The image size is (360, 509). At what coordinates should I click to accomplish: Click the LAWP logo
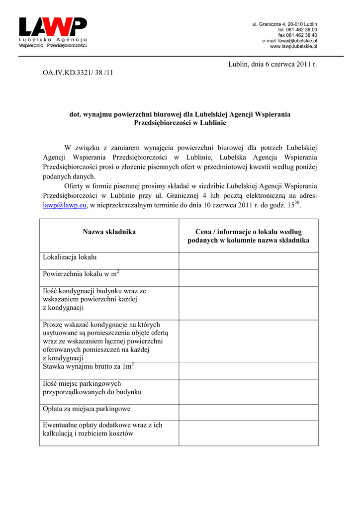(53, 32)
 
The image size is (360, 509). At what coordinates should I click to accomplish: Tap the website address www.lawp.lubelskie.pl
(293, 46)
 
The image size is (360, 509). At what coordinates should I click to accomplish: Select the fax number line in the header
(297, 35)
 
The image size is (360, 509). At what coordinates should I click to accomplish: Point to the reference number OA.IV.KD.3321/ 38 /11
(78, 73)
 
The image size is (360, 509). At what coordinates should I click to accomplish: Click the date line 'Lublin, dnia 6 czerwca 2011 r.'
(272, 64)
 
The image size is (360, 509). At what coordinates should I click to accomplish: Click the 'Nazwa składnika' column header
(109, 232)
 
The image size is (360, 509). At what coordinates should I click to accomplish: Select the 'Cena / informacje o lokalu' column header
(248, 236)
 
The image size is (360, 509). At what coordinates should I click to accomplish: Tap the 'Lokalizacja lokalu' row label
(70, 257)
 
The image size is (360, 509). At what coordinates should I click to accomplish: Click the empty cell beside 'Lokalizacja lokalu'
(248, 260)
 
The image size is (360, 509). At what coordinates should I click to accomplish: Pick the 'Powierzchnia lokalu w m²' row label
(81, 274)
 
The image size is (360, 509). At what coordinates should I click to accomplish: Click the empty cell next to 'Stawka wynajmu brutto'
(248, 370)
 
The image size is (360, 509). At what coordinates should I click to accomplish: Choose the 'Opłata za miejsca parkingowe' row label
(87, 409)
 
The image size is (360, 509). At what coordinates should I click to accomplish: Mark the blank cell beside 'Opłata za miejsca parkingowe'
(248, 412)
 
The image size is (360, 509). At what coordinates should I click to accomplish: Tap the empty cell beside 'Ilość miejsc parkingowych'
(248, 391)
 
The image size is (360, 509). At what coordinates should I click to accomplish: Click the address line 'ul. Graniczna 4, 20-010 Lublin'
(285, 24)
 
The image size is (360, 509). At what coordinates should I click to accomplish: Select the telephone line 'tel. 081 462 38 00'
(297, 30)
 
